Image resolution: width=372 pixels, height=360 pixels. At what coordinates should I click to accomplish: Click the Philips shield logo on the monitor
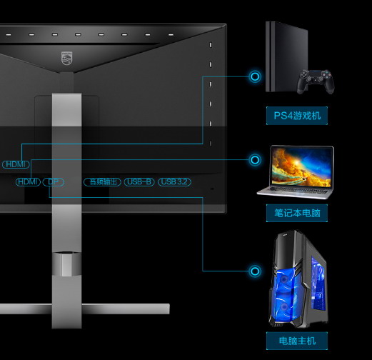tap(66, 59)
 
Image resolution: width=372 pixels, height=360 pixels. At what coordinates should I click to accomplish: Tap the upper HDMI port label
tap(16, 164)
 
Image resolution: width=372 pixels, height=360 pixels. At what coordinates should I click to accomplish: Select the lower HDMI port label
tap(28, 182)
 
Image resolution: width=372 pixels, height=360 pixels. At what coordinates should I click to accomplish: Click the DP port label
tap(54, 182)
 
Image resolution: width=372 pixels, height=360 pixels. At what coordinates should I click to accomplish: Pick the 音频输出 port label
tap(102, 182)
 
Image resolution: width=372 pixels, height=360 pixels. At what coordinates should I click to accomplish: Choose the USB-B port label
tap(139, 182)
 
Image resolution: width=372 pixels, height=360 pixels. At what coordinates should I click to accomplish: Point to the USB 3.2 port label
tap(174, 182)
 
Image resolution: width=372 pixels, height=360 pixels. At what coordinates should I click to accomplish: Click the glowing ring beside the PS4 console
tap(255, 76)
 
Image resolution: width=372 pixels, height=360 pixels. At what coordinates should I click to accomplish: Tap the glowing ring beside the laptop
tap(255, 159)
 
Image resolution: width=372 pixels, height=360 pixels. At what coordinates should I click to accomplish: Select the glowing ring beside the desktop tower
tap(255, 271)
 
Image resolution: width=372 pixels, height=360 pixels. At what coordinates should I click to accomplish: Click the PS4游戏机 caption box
tap(297, 116)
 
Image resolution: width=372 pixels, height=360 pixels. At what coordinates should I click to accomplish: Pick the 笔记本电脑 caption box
tap(297, 213)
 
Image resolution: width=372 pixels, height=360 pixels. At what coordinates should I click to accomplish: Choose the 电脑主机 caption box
tap(297, 341)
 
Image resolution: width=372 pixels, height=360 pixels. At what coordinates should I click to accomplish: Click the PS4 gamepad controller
tap(316, 81)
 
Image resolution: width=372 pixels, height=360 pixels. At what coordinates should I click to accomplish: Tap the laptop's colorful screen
tap(301, 166)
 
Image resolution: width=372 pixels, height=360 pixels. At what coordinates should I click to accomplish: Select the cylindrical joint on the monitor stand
tap(66, 264)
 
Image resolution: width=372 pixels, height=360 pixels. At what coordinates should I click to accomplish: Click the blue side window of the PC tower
tap(318, 284)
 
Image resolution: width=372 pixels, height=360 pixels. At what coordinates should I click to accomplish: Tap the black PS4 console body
tap(286, 56)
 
